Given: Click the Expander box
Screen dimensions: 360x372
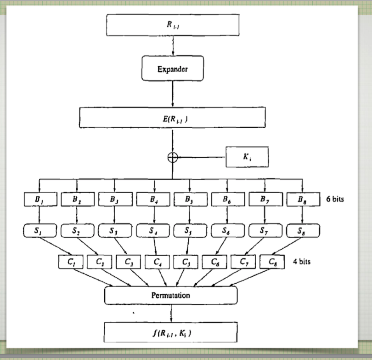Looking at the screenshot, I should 173,70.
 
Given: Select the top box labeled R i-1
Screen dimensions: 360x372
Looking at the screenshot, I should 173,24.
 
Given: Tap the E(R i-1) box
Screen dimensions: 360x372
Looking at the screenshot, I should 173,117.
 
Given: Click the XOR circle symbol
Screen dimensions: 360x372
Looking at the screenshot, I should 173,157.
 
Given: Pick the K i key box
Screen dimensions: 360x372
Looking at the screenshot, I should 247,157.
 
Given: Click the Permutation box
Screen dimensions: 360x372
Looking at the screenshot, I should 171,295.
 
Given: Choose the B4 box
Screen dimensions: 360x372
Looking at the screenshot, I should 153,200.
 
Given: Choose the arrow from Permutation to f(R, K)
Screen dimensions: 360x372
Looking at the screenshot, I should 172,313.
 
